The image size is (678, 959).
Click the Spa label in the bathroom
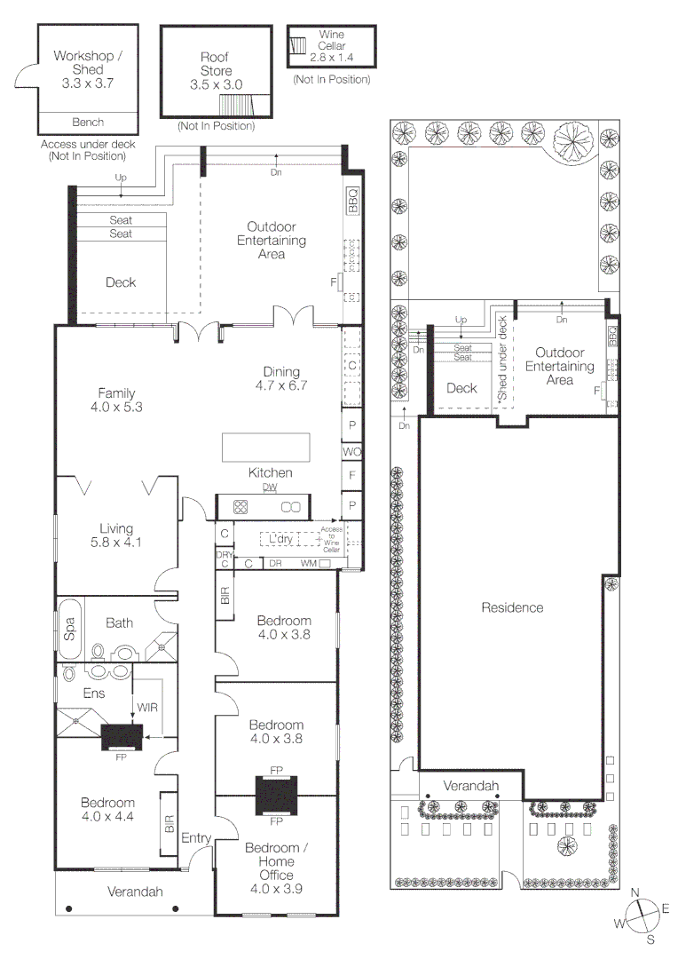point(69,626)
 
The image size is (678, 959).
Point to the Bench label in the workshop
point(87,123)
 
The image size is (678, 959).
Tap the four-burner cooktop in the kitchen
point(240,507)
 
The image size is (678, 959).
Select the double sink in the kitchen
point(291,507)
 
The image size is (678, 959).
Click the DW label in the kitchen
point(269,487)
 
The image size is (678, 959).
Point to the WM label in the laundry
point(308,563)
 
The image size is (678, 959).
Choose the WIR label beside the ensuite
point(146,707)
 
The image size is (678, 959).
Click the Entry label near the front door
point(196,837)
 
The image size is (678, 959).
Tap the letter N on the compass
point(635,893)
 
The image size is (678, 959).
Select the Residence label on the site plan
point(512,607)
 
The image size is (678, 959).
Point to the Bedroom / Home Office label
point(277,861)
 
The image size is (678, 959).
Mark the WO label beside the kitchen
point(351,452)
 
